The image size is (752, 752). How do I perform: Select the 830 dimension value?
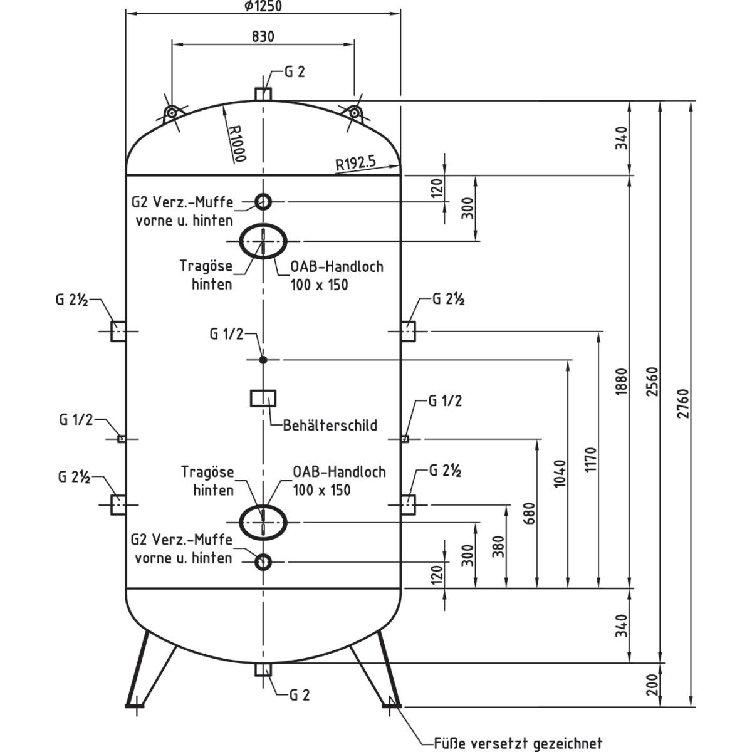263,36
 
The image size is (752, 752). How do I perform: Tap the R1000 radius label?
236,143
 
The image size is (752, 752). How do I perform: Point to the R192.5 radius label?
355,164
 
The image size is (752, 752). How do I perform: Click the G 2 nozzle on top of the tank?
263,93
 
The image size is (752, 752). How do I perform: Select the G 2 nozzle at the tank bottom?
263,669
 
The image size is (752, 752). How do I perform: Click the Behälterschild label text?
330,426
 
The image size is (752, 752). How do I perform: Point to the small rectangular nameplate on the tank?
263,398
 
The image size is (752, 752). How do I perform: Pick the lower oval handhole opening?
263,521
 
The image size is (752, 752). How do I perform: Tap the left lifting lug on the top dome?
170,113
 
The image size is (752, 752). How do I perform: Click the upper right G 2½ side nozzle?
408,331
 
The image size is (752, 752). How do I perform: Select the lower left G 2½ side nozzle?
118,504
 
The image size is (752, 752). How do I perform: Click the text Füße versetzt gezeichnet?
518,743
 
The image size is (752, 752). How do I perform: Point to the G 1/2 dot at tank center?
263,359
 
